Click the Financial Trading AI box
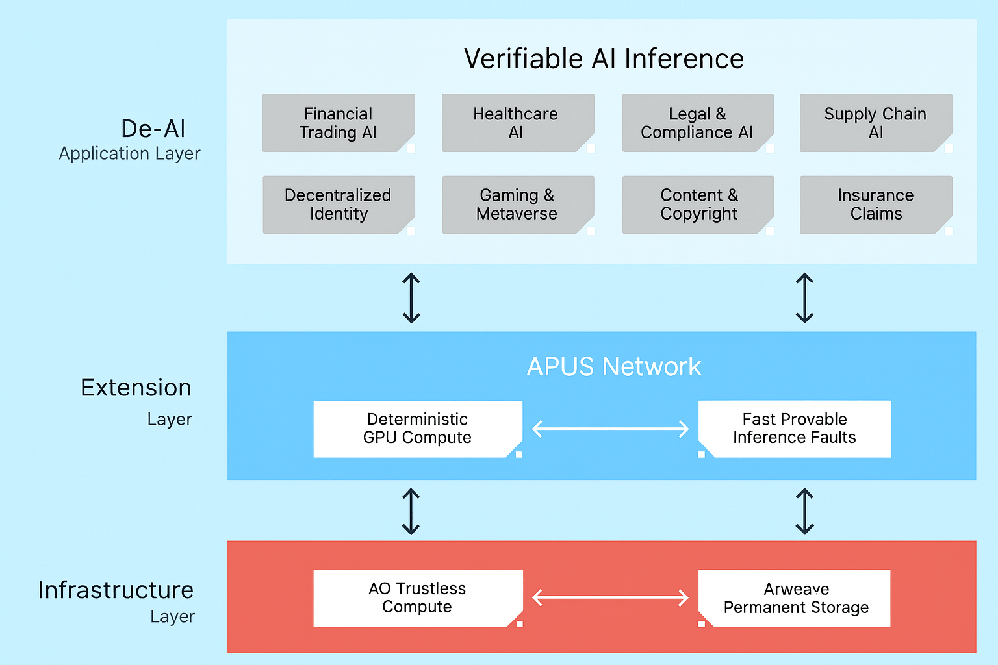338,123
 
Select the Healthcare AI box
517,123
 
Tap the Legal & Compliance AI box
697,123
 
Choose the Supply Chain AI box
875,123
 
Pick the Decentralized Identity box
338,205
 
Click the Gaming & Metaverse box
517,205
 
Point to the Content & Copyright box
698,205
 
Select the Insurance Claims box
875,205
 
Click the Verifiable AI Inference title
604,59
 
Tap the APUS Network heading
613,367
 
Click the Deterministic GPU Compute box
417,429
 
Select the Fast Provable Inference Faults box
794,429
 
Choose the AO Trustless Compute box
417,598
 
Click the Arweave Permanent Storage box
794,598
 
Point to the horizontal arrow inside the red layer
610,597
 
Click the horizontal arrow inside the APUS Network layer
610,429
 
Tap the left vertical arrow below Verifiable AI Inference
411,298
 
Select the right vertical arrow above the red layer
804,511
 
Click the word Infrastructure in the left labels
116,590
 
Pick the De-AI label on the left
153,129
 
